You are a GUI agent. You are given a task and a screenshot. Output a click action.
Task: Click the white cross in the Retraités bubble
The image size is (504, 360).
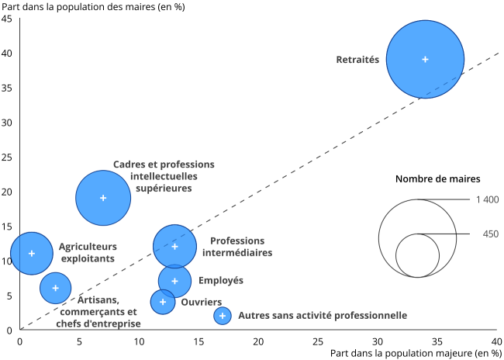click(425, 59)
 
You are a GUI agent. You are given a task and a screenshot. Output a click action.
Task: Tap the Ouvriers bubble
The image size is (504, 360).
click(163, 302)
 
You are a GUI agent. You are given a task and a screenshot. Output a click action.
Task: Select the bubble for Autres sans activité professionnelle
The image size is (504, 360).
click(223, 316)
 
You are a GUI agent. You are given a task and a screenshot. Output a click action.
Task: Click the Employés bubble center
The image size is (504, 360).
click(174, 281)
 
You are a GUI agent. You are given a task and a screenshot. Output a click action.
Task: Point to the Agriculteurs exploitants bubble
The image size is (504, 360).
click(32, 254)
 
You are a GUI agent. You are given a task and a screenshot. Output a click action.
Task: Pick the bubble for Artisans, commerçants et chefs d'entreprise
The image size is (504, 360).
click(55, 288)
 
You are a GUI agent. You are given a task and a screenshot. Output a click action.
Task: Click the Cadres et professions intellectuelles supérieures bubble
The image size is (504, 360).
click(103, 198)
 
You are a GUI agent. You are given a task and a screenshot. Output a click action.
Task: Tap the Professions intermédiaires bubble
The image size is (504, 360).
click(174, 247)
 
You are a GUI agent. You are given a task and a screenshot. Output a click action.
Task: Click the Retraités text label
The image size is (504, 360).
click(357, 59)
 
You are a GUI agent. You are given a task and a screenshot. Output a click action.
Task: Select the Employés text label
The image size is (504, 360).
click(221, 281)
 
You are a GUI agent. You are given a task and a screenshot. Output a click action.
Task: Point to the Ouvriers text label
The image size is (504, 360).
click(202, 302)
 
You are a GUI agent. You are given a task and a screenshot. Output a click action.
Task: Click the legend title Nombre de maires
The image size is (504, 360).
click(437, 178)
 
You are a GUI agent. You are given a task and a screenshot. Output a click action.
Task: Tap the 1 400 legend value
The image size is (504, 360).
click(486, 199)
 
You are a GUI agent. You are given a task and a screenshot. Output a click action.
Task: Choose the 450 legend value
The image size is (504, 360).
click(490, 234)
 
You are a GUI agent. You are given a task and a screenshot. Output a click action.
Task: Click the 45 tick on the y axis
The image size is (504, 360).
click(7, 19)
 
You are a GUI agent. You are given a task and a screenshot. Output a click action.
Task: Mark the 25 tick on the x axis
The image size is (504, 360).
click(318, 341)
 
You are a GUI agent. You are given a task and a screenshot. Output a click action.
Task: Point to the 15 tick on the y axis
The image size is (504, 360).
click(7, 226)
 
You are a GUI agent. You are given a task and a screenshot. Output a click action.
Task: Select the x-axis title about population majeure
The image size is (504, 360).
click(416, 353)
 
